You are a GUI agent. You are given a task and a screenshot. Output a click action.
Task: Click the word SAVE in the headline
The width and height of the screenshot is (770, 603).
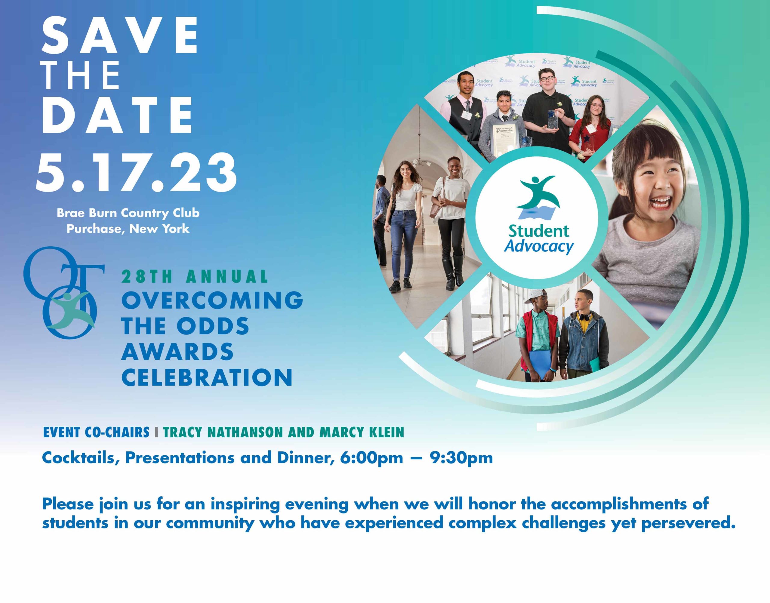point(120,35)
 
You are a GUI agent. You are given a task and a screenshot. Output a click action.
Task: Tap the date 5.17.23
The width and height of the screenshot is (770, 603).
point(136,173)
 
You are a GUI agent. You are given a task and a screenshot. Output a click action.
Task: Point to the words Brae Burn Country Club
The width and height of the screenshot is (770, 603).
point(128,213)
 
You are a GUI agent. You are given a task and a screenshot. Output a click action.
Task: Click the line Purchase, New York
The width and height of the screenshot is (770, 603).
point(128,229)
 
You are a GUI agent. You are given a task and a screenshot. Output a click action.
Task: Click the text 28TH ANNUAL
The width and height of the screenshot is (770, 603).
point(195,276)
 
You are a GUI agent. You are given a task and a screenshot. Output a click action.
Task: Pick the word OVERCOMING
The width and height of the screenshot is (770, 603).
point(212,300)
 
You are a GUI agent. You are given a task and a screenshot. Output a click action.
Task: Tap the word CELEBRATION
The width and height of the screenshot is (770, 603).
point(207,377)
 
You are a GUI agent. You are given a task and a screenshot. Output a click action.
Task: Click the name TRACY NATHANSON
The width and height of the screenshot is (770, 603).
point(223,432)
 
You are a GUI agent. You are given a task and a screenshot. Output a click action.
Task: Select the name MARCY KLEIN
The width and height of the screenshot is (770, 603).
point(362,432)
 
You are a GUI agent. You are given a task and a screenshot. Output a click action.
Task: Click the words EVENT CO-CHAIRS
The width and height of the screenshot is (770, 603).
point(96,432)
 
